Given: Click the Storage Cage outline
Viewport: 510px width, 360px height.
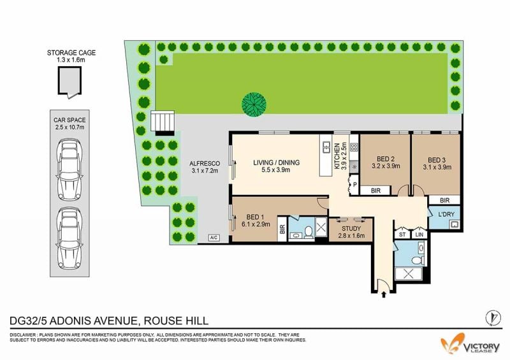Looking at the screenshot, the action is tap(59, 82).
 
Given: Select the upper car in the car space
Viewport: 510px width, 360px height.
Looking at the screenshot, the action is tap(69, 169).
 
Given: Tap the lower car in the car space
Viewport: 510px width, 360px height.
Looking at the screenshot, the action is tap(69, 238).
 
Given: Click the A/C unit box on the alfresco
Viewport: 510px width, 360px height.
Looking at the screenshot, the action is tap(214, 238).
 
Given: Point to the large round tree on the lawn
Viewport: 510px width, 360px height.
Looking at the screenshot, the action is tap(254, 104).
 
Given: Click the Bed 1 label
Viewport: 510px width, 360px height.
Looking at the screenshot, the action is tap(256, 220).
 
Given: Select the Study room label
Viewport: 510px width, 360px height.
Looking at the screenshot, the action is tap(351, 232).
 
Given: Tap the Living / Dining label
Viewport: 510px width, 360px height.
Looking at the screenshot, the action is tap(276, 166).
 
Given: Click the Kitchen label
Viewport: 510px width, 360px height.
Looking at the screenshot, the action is tap(340, 156).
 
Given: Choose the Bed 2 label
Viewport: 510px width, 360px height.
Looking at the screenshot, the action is tap(386, 162).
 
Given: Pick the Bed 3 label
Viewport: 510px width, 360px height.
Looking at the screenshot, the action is tap(437, 163).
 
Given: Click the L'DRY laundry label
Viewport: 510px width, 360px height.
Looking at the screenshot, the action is tap(446, 214).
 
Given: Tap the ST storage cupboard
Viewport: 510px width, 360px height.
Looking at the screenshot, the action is tap(402, 234).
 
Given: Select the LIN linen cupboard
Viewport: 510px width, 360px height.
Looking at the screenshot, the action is tap(419, 234).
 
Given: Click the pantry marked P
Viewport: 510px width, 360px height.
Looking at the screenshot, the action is tap(354, 185).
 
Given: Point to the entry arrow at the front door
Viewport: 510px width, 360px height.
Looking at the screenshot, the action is tap(384, 294).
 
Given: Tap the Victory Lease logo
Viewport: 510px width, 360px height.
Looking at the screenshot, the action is tap(470, 345).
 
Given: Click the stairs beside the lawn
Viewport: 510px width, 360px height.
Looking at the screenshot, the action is tap(163, 123).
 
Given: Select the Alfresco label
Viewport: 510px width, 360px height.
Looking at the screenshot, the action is tap(205, 167).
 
